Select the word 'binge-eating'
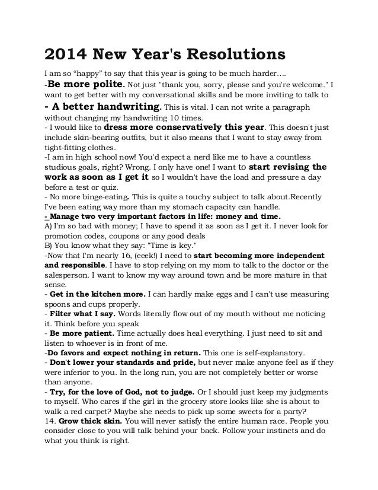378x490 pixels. (x=101, y=196)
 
